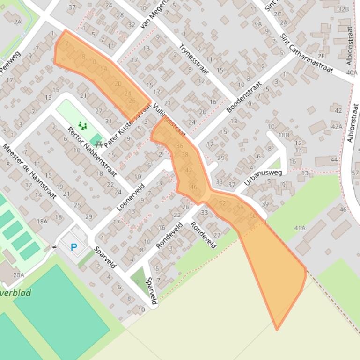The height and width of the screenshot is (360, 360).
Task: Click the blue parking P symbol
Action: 73,247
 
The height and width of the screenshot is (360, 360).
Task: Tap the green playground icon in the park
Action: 83,125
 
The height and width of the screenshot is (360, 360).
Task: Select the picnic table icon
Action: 98,144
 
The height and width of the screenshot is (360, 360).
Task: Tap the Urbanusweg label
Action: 263,178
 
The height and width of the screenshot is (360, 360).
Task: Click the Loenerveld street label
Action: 134,193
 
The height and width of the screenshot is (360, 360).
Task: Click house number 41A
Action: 300,228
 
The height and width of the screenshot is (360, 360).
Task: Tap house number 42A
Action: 337,126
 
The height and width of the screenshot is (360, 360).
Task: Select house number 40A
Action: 351,72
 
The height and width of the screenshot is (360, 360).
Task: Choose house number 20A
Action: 18,275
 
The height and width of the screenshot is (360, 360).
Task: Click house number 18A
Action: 42,221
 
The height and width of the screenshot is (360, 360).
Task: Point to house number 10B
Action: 284,135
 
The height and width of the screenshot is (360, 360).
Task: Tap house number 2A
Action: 17,22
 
